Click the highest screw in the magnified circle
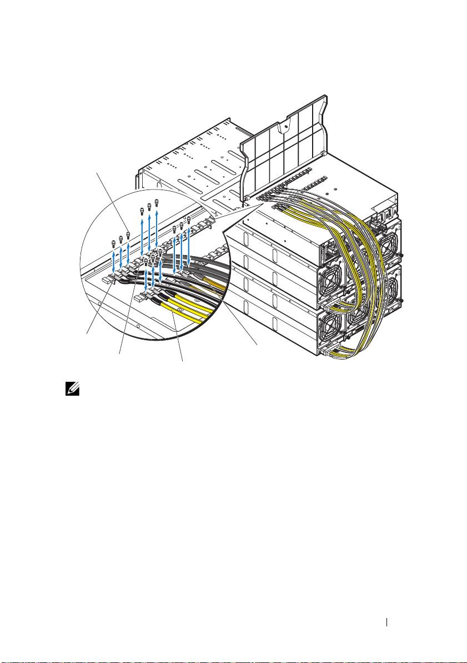tap(157, 201)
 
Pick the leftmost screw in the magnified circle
tap(114, 242)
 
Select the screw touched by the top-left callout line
tap(128, 234)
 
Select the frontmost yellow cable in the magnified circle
tap(183, 320)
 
